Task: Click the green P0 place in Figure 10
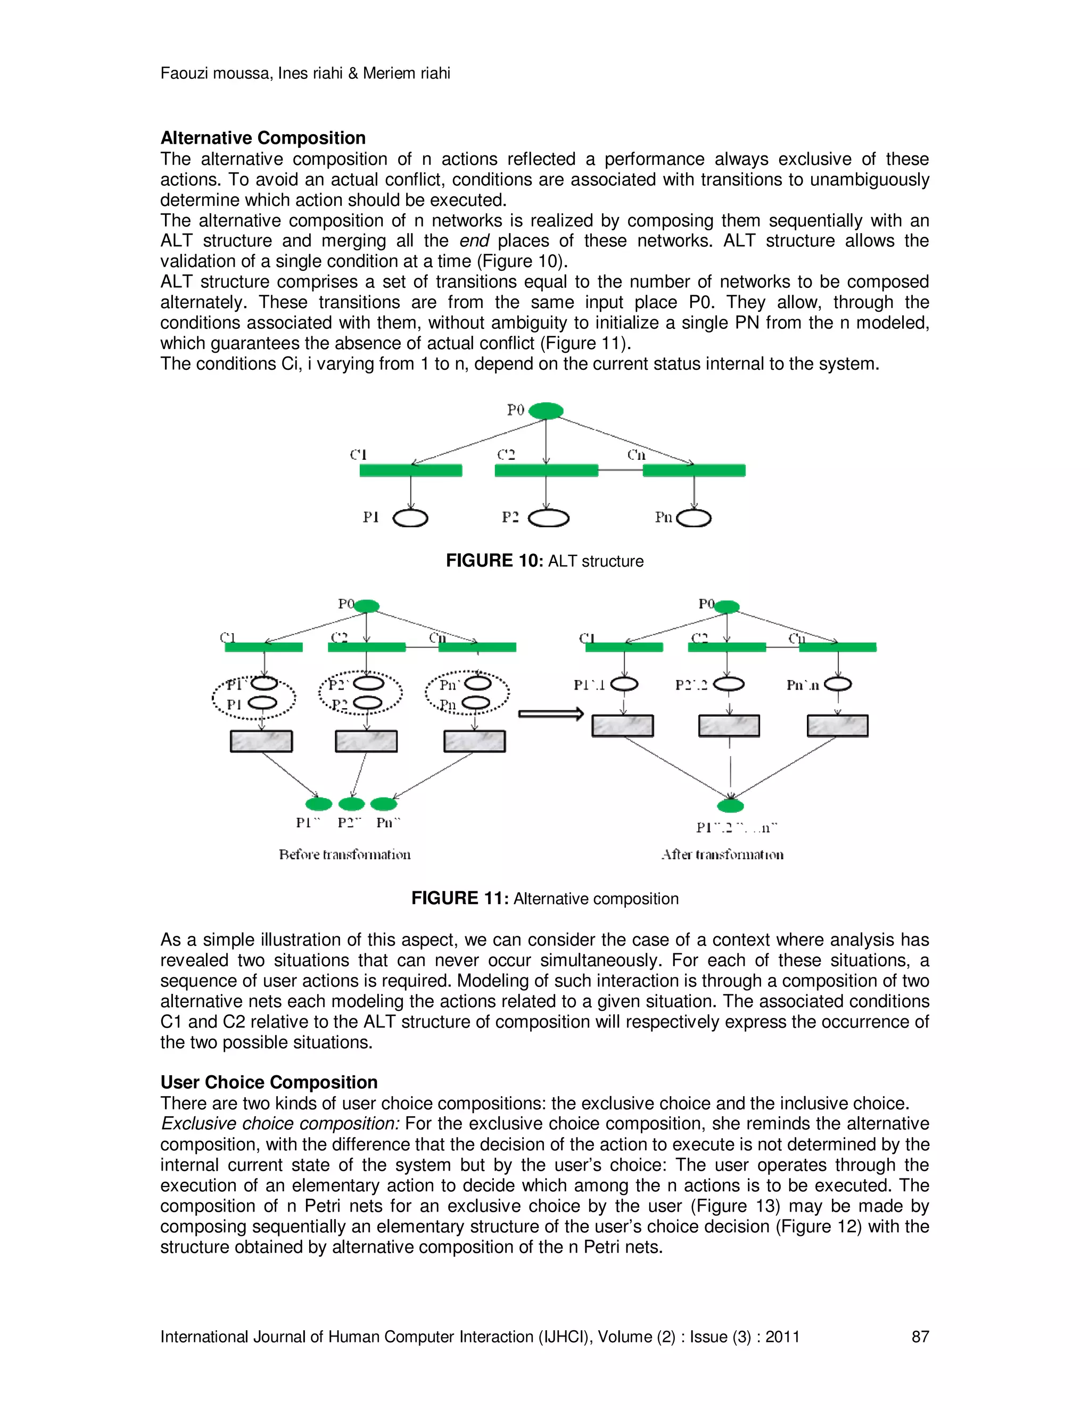[546, 411]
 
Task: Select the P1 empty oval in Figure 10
[410, 518]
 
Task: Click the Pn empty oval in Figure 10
[693, 518]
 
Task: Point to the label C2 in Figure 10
[506, 454]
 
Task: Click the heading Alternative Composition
[263, 138]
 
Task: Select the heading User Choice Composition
[269, 1082]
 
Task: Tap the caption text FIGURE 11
[460, 898]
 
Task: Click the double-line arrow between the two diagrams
[551, 714]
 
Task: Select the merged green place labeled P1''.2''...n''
[730, 806]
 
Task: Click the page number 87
[920, 1337]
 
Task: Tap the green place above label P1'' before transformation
[318, 804]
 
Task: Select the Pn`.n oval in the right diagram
[838, 684]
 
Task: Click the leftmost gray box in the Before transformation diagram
[261, 741]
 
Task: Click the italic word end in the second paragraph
[474, 241]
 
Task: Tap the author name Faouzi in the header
[185, 73]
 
